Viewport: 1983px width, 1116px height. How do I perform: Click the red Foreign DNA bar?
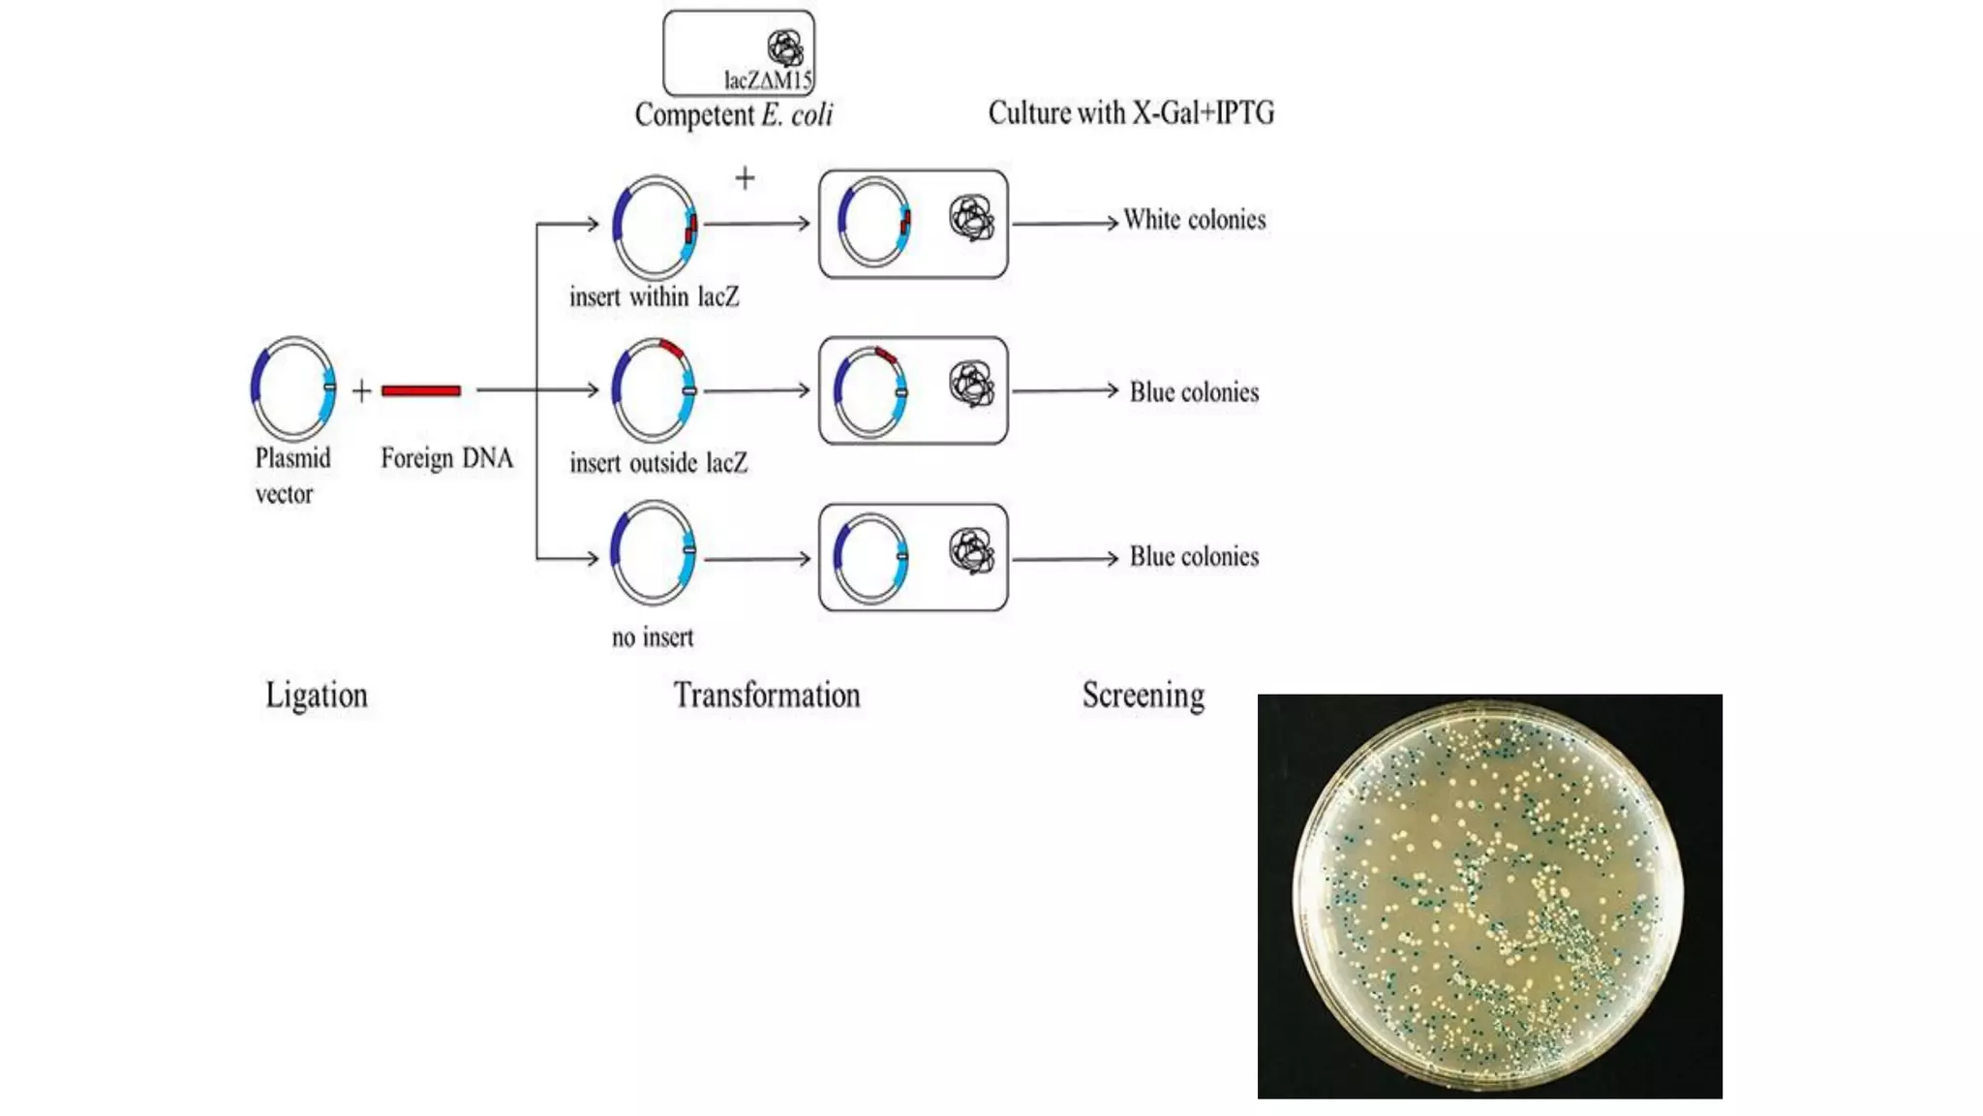tap(420, 390)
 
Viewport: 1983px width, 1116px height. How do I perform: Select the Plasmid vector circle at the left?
tap(293, 387)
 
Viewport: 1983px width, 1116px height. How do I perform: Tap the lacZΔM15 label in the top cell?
tap(768, 79)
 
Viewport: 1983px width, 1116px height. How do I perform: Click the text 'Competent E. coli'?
tap(733, 115)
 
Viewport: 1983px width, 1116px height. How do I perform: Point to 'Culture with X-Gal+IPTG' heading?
tap(1131, 113)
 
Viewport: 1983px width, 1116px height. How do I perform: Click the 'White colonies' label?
tap(1194, 220)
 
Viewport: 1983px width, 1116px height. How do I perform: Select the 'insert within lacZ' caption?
tap(654, 296)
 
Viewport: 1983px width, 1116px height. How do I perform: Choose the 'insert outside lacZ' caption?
tap(658, 463)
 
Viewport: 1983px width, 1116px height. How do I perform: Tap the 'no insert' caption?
tap(653, 637)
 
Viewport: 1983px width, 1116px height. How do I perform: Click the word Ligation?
tap(317, 696)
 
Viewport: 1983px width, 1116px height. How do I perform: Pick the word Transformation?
tap(767, 696)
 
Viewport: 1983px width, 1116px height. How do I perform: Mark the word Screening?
tap(1144, 696)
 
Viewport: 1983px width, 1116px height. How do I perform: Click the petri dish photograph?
tap(1489, 896)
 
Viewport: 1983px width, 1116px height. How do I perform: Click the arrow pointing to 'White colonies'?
tap(1065, 224)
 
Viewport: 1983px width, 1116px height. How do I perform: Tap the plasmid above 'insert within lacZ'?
tap(655, 226)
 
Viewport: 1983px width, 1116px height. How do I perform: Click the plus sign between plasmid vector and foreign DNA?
tap(361, 390)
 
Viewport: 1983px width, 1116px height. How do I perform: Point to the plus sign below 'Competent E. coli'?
tap(745, 178)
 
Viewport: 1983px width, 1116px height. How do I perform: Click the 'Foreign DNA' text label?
tap(446, 458)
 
